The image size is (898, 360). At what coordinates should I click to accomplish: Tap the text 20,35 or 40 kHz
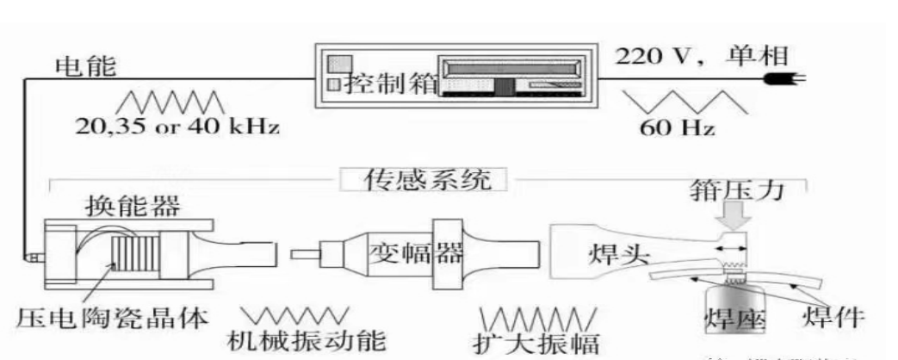(177, 127)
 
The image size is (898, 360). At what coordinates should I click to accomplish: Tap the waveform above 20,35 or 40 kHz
(176, 102)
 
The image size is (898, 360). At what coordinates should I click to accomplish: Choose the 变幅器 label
(404, 253)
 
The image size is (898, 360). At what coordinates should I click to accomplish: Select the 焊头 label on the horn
(614, 256)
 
